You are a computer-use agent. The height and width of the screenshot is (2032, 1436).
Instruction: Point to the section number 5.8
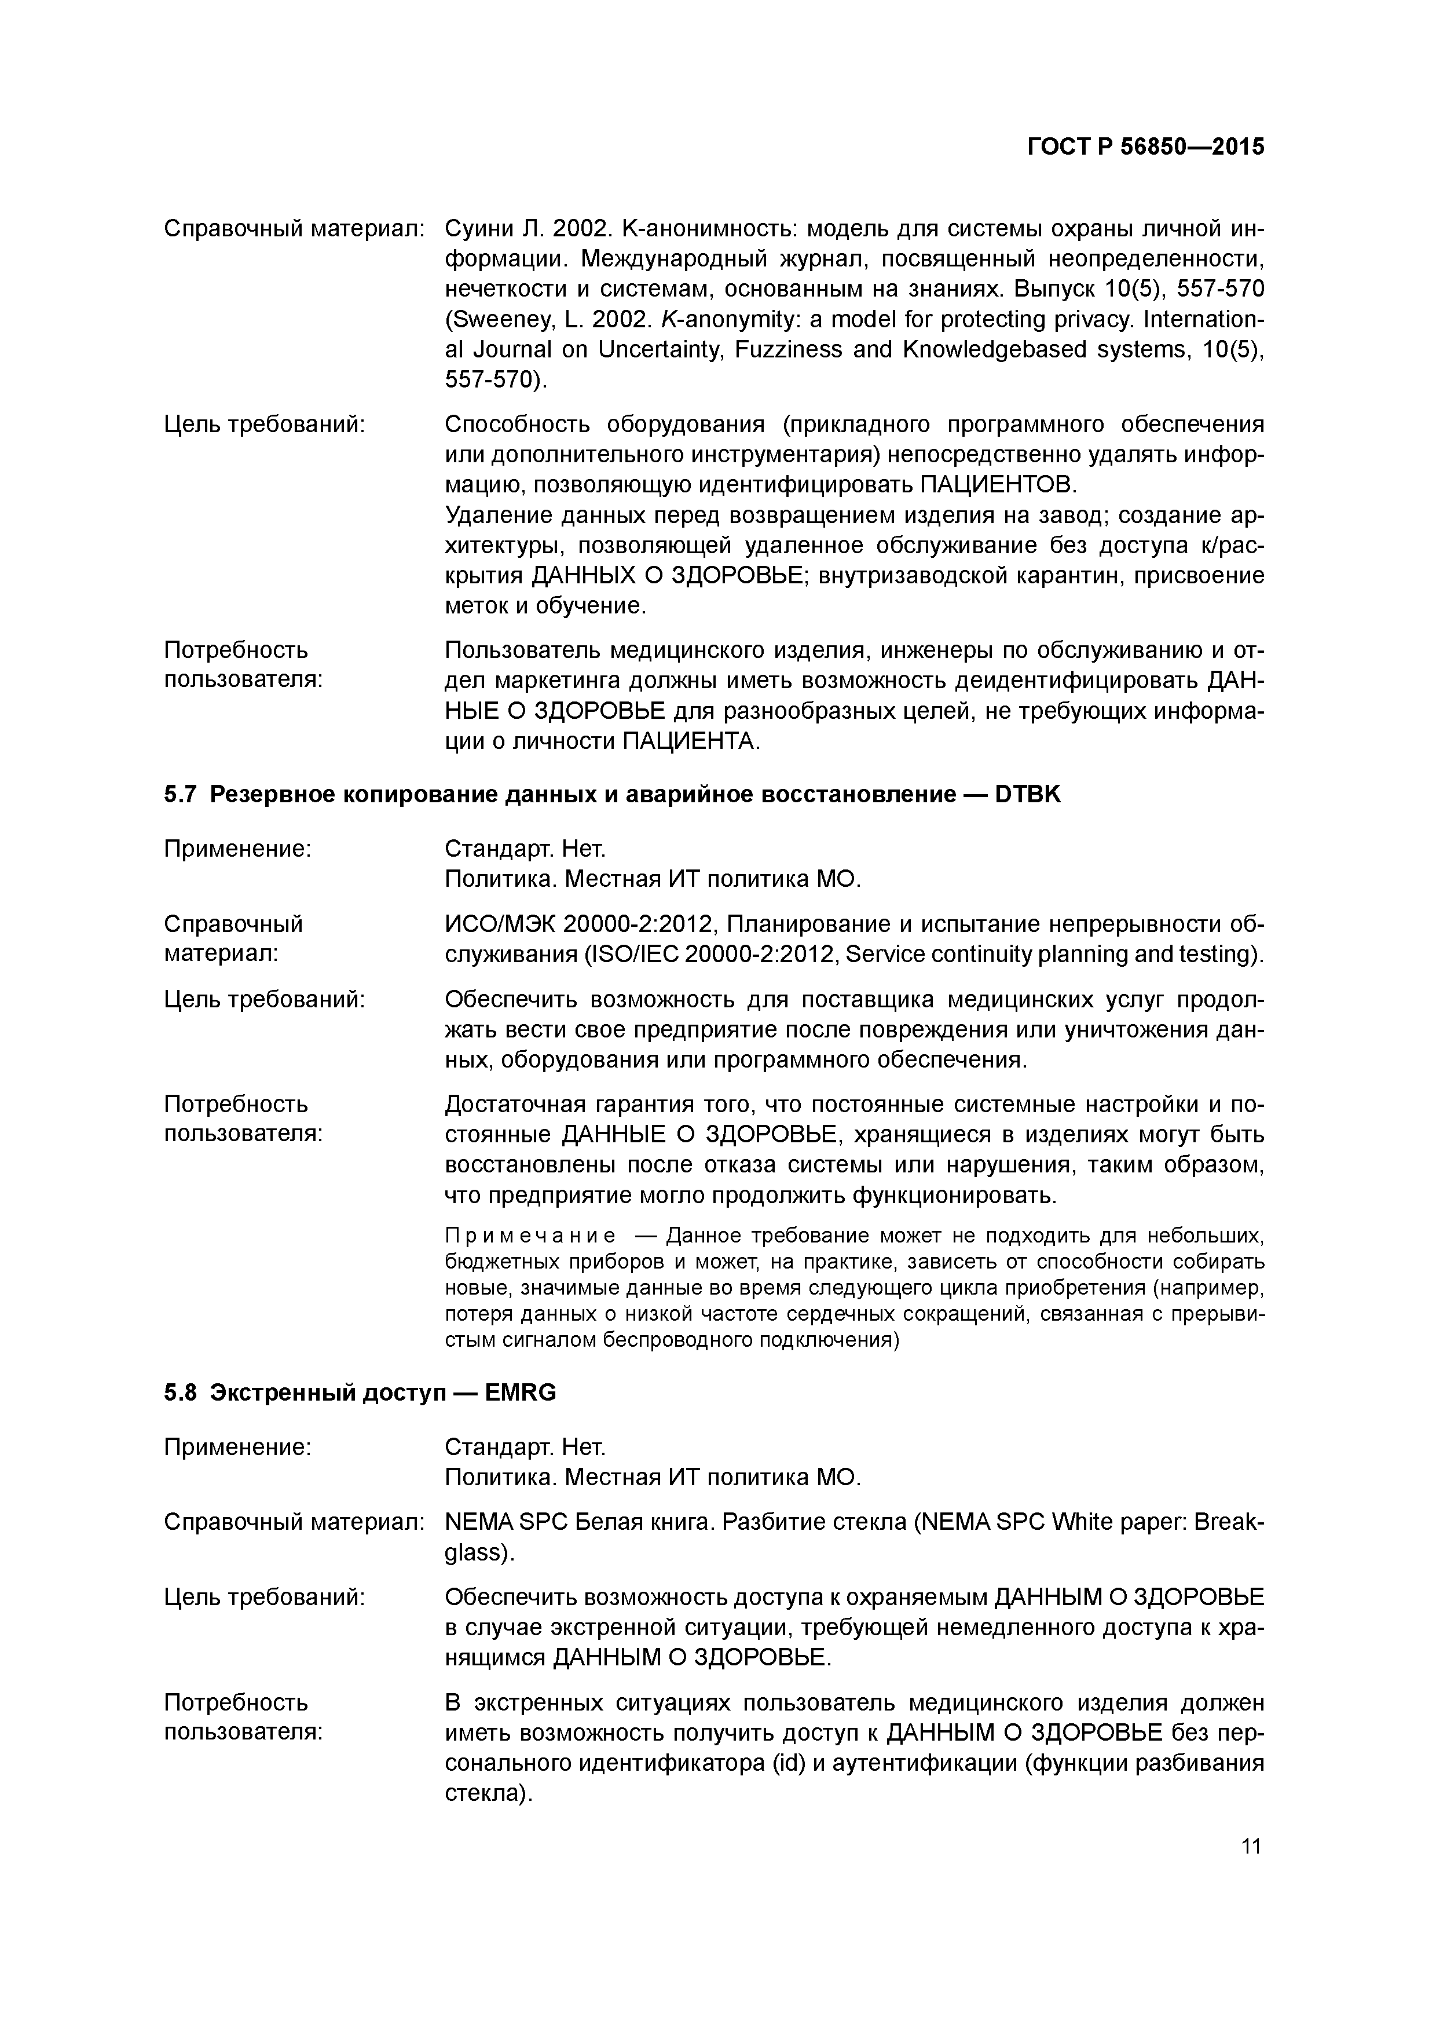pos(179,1393)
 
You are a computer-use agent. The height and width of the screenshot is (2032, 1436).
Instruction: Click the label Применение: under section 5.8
pos(237,1447)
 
